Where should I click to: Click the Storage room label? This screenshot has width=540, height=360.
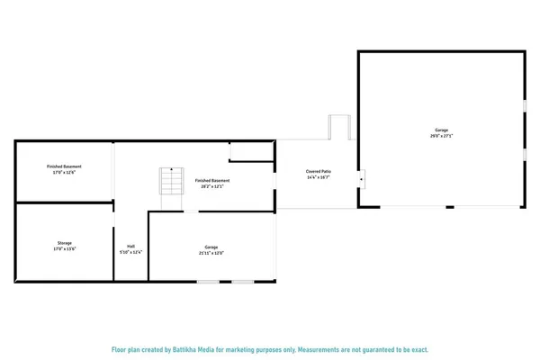[64, 243]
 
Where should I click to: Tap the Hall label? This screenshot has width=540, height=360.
[131, 246]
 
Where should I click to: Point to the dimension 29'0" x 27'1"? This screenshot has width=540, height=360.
[442, 137]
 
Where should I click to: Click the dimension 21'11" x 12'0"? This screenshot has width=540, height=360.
[211, 253]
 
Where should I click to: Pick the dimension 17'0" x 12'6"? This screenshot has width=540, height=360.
[64, 173]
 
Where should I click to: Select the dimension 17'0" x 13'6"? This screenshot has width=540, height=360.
[64, 249]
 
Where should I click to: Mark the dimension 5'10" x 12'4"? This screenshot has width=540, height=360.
[131, 252]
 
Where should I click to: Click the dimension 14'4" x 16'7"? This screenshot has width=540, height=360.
[319, 176]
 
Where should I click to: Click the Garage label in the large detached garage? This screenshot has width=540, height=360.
[442, 130]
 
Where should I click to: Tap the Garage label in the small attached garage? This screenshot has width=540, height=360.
[211, 247]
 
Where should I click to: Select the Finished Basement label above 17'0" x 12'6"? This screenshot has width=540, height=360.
[64, 166]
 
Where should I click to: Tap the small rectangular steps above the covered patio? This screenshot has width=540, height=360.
[339, 127]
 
